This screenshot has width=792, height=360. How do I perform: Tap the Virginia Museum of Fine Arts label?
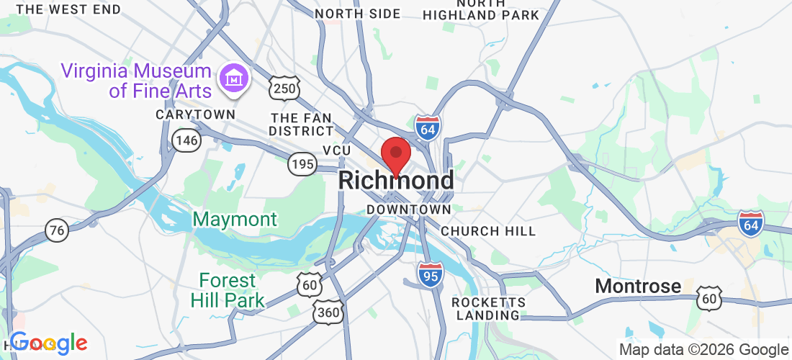(x=136, y=81)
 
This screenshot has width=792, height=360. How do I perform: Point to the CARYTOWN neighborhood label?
(x=196, y=114)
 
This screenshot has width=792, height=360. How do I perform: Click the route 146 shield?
(x=186, y=140)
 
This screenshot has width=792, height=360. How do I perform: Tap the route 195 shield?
(x=302, y=164)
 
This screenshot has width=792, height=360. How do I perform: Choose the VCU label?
(x=336, y=150)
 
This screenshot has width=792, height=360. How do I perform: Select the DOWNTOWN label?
(x=408, y=210)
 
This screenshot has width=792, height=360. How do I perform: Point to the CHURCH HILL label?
(x=488, y=231)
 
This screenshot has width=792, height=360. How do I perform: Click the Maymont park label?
(x=235, y=219)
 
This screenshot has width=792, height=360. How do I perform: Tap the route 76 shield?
(x=57, y=230)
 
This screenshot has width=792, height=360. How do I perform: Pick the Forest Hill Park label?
(x=228, y=290)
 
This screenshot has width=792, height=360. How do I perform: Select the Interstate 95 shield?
(x=431, y=275)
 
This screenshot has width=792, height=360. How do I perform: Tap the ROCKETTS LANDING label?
(x=488, y=308)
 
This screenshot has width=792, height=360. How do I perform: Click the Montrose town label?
(x=638, y=287)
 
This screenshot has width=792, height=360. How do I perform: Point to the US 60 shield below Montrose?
(x=710, y=298)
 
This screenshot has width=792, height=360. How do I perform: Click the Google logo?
(x=48, y=343)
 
